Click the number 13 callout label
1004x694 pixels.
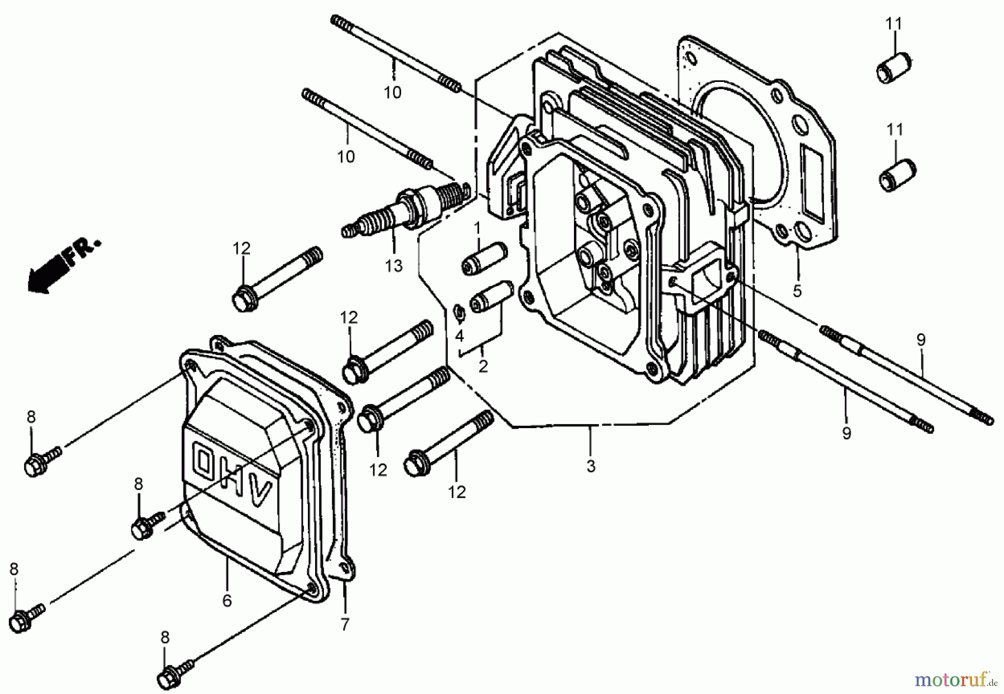[393, 266]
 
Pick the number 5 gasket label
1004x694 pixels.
[797, 290]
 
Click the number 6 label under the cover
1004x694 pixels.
[226, 600]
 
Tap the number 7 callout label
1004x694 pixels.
[345, 625]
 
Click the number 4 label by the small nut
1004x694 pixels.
[459, 336]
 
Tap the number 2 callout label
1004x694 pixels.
[483, 366]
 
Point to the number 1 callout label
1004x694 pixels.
[477, 228]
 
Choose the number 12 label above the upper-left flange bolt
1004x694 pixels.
[242, 249]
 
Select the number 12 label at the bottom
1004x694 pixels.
[457, 492]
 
